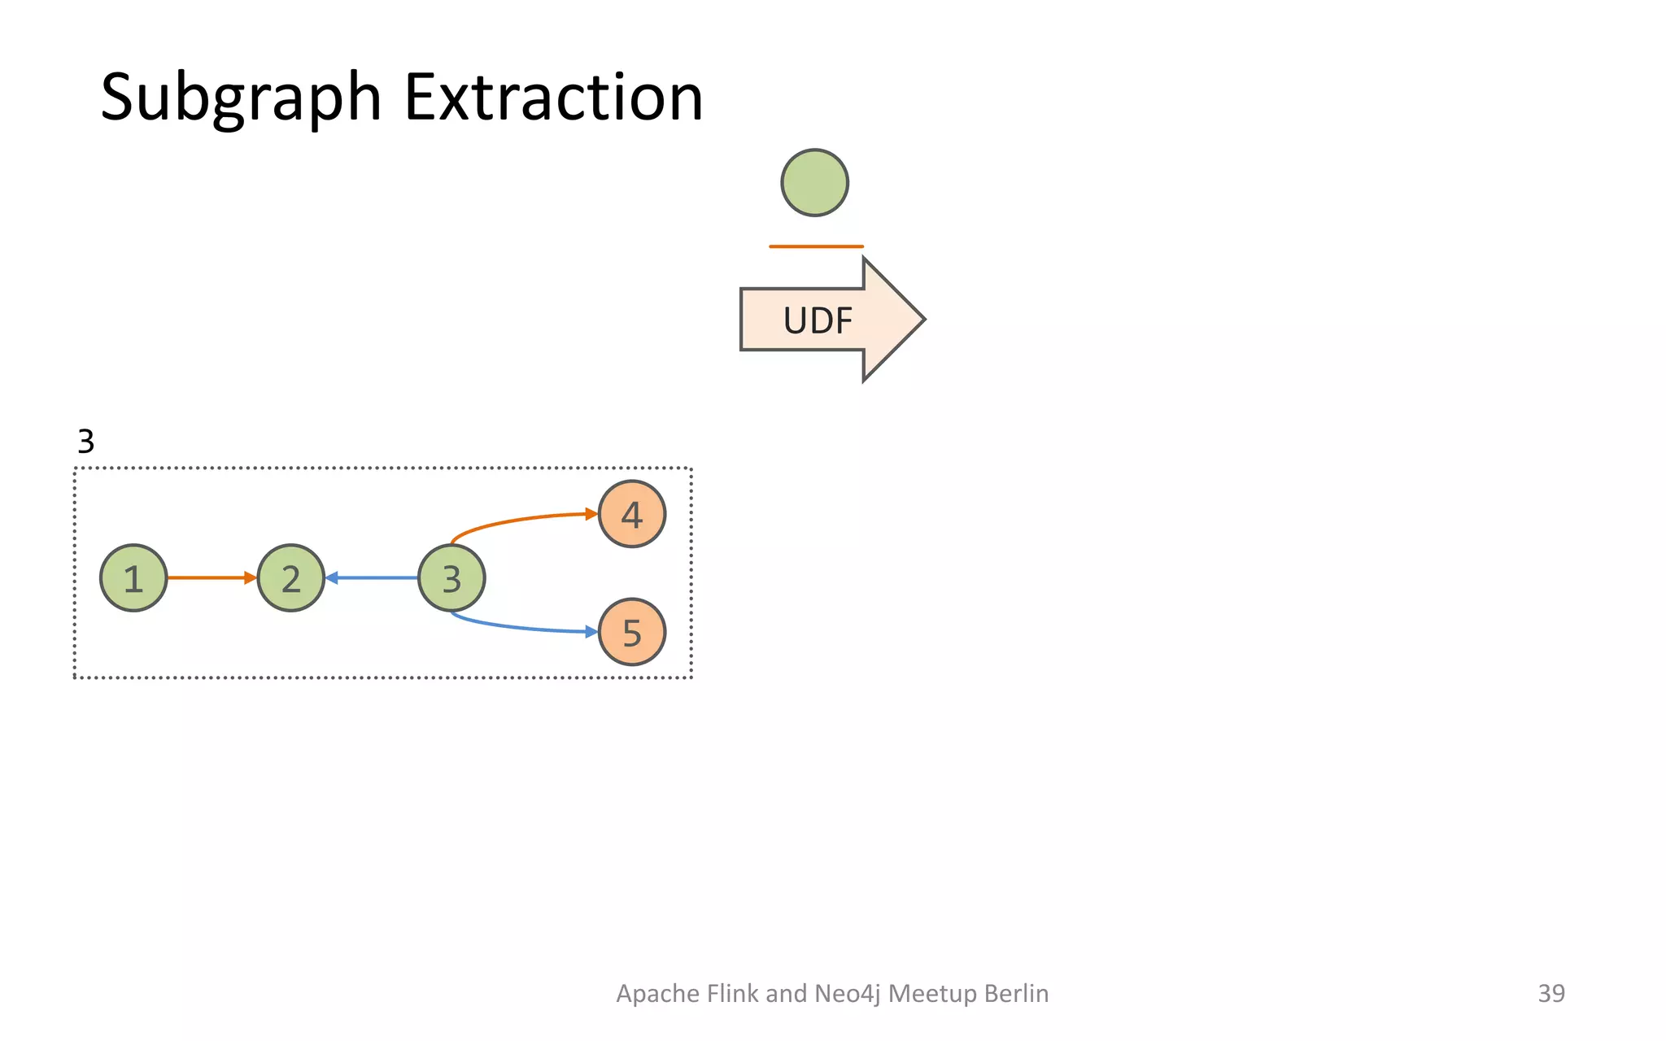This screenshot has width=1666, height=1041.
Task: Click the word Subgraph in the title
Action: pyautogui.click(x=241, y=98)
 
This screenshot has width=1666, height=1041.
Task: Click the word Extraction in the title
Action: pyautogui.click(x=553, y=98)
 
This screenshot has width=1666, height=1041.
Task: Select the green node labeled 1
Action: pyautogui.click(x=133, y=578)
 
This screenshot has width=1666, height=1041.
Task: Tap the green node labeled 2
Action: pyautogui.click(x=291, y=578)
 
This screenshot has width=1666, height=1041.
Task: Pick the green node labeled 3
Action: pyautogui.click(x=451, y=578)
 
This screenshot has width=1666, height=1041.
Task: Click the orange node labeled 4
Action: pyautogui.click(x=632, y=514)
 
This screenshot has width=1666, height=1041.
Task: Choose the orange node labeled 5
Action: pyautogui.click(x=632, y=632)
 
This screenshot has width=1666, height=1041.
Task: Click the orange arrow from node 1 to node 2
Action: pyautogui.click(x=210, y=577)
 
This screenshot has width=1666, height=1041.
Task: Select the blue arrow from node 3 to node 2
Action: pyautogui.click(x=373, y=577)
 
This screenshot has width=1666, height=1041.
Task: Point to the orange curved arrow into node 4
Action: pyautogui.click(x=521, y=519)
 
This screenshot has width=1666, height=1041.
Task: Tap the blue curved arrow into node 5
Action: pyautogui.click(x=521, y=627)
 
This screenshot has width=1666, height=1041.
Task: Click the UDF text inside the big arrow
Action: pyautogui.click(x=818, y=320)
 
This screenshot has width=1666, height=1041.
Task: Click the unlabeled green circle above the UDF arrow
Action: pyautogui.click(x=814, y=183)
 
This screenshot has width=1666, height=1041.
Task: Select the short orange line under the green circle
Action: pyautogui.click(x=816, y=246)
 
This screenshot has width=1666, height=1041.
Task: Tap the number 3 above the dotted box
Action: pyautogui.click(x=85, y=442)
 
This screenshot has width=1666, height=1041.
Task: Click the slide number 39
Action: pyautogui.click(x=1550, y=993)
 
